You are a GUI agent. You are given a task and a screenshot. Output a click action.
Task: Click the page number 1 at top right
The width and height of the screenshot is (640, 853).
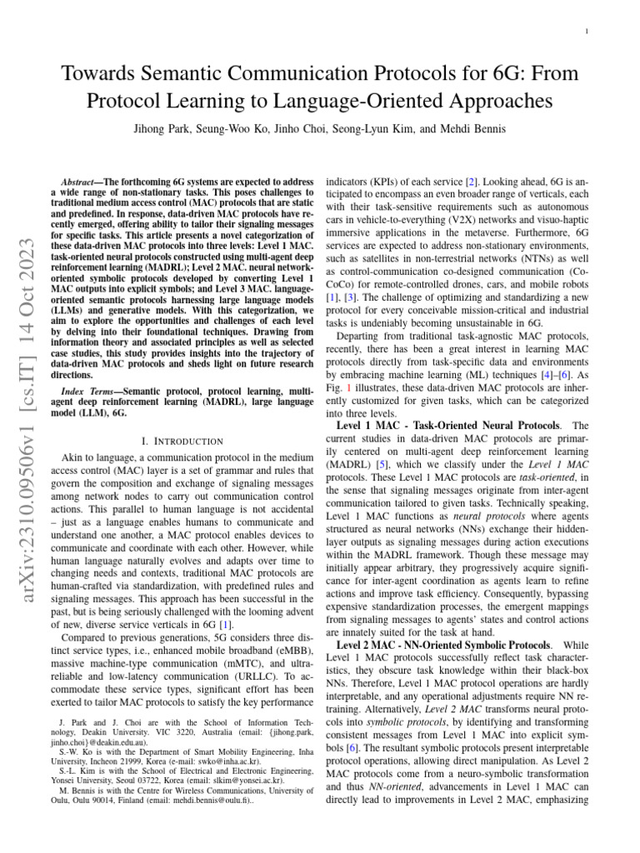coord(587,32)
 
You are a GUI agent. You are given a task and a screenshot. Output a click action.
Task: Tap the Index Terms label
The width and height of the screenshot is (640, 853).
coord(84,391)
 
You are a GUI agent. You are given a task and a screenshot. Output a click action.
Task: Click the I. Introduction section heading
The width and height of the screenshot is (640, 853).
coord(172,440)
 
